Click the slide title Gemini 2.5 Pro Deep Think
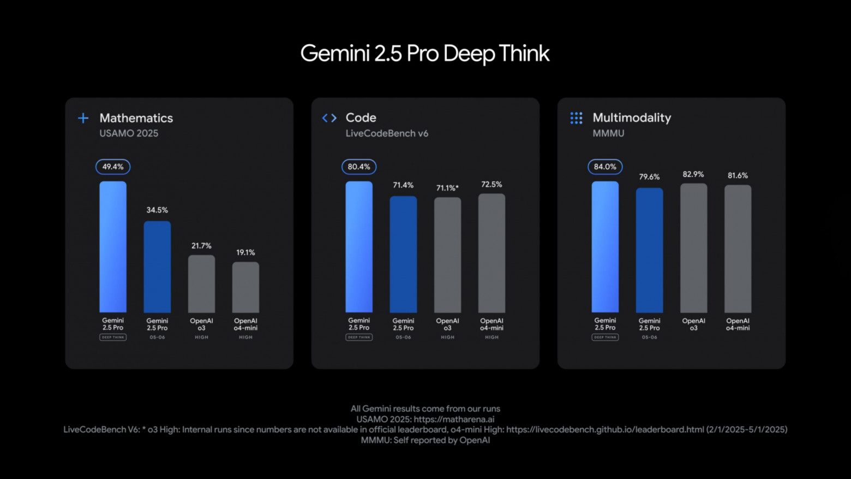(x=424, y=54)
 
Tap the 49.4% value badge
(x=113, y=167)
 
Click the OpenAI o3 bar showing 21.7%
(x=201, y=283)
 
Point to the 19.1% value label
(x=245, y=252)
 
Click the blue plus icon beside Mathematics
(x=83, y=118)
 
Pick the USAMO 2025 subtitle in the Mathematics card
(x=129, y=133)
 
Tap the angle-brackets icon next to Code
(x=329, y=118)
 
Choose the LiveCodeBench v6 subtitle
(x=387, y=133)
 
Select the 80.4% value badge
(x=359, y=167)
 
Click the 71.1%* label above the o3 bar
(x=447, y=188)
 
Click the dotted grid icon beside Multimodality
(x=576, y=118)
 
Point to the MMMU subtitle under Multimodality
(x=608, y=133)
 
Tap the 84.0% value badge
(x=605, y=167)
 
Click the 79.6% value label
(x=649, y=177)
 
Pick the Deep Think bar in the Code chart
(x=359, y=247)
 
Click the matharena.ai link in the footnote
(x=454, y=419)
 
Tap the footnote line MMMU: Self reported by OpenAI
(x=425, y=440)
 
